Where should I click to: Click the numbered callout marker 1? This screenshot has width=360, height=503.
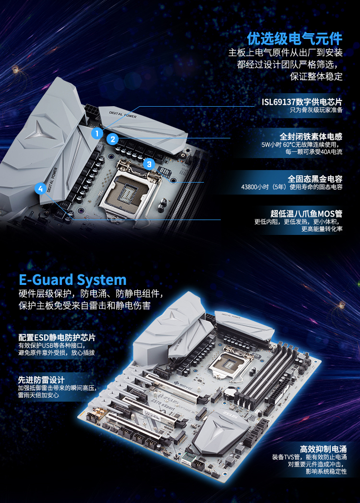click(97, 133)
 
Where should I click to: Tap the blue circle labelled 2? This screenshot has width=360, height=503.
click(112, 139)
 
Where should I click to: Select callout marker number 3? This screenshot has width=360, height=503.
click(149, 164)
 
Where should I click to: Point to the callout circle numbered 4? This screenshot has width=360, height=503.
click(41, 189)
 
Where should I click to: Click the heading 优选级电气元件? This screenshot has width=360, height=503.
click(295, 39)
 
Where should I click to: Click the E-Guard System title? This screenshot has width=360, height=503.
click(73, 280)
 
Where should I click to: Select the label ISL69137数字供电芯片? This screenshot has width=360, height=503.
click(302, 102)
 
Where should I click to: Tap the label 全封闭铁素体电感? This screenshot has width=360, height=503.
click(311, 136)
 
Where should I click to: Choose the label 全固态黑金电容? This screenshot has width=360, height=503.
click(315, 179)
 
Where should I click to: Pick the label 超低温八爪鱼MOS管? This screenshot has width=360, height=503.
click(306, 214)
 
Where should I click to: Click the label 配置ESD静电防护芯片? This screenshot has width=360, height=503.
click(57, 337)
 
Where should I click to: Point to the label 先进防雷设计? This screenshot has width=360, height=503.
click(41, 380)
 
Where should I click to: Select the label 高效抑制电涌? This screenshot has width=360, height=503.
click(323, 449)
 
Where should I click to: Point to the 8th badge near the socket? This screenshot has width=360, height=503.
click(165, 172)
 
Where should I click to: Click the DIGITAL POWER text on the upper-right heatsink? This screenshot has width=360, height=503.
click(123, 114)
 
